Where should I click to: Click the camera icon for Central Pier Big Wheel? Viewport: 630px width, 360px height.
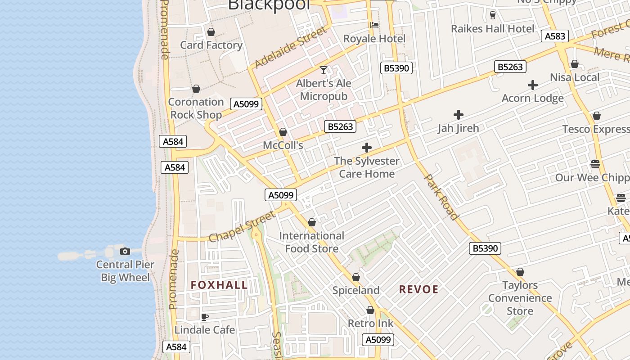pos(125,251)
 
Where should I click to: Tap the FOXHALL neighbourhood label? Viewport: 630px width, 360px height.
pos(219,285)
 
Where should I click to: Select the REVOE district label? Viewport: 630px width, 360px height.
pos(418,289)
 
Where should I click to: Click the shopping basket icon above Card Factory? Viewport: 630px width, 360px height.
pos(211,32)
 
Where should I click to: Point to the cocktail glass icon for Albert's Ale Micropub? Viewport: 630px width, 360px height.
pos(323,70)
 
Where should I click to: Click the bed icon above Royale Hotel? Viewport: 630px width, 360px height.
pos(374,25)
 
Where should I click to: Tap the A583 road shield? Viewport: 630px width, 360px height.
pos(554,36)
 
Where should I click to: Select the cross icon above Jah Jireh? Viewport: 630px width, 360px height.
pos(458,115)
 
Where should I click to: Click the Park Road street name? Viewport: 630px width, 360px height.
pos(441,197)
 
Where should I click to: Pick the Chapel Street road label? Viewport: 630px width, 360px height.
pos(242,226)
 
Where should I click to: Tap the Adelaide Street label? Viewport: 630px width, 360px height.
pos(290,47)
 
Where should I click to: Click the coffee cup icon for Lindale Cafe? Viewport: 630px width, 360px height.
pos(204,317)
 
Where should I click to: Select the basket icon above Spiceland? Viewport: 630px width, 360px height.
pos(355,277)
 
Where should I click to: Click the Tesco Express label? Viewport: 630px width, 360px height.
pos(595,129)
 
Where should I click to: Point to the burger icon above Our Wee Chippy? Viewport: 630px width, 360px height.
pos(595,164)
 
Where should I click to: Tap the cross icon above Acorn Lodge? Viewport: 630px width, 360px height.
pos(532,85)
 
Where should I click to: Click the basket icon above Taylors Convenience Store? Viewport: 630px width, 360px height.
pos(520,272)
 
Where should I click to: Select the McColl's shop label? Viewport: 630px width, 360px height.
pos(283,145)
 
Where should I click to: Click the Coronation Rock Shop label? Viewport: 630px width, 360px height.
pos(196,108)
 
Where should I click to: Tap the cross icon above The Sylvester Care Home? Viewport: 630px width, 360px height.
pos(366,147)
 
